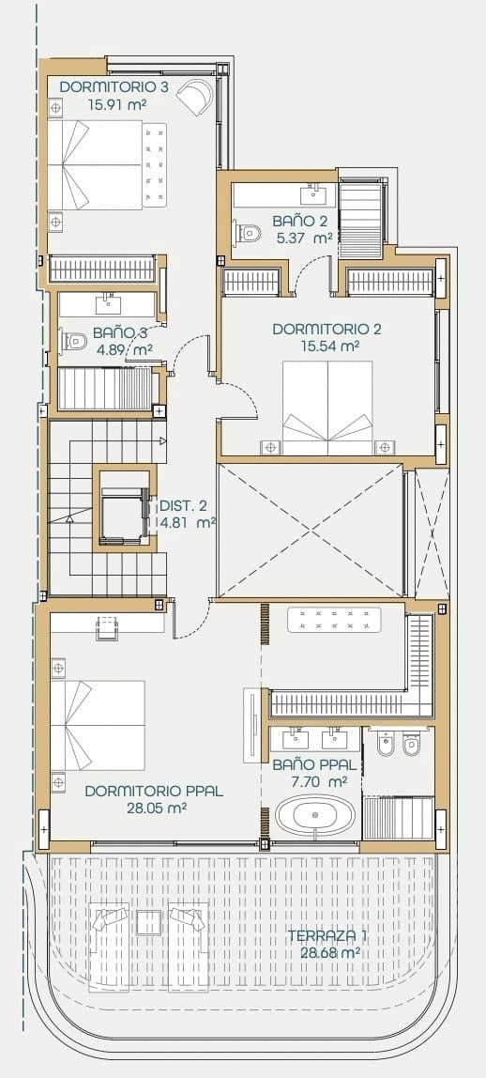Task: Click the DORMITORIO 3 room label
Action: tap(114, 87)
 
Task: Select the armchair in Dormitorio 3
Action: tap(200, 94)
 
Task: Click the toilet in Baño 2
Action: tap(247, 231)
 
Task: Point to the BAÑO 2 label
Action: tap(300, 221)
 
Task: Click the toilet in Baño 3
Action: tap(75, 341)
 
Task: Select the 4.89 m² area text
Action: tap(123, 349)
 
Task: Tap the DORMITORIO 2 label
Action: tap(327, 330)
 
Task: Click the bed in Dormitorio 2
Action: tap(327, 413)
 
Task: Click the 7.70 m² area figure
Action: tap(311, 781)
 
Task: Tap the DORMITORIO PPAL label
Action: tap(154, 791)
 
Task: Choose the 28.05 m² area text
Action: tap(154, 808)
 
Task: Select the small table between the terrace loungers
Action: tap(149, 922)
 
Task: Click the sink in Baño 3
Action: tap(111, 303)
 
